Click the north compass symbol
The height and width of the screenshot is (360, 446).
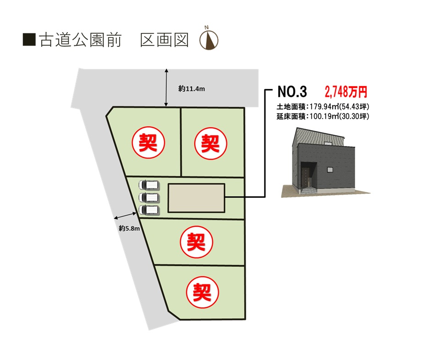point(209,39)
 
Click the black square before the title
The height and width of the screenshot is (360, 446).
point(29,39)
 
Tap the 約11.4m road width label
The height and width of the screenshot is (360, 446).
point(192,89)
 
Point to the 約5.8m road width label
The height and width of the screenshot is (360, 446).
point(129,228)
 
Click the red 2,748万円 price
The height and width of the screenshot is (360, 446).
point(346,92)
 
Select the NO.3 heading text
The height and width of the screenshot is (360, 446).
point(292,92)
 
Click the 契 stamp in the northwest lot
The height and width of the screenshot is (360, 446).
point(148,142)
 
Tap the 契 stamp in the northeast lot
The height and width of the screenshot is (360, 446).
point(210,143)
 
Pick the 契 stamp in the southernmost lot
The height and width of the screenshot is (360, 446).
point(202,292)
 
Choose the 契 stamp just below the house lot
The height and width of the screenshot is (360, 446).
point(196,242)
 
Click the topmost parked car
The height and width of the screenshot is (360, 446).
point(149,185)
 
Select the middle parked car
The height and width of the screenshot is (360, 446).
point(149,197)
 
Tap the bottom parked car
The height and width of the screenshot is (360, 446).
point(149,210)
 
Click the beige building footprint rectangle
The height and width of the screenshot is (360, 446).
point(197,198)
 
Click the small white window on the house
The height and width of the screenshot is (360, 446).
point(330,169)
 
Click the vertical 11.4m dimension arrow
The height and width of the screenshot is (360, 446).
point(166,87)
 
